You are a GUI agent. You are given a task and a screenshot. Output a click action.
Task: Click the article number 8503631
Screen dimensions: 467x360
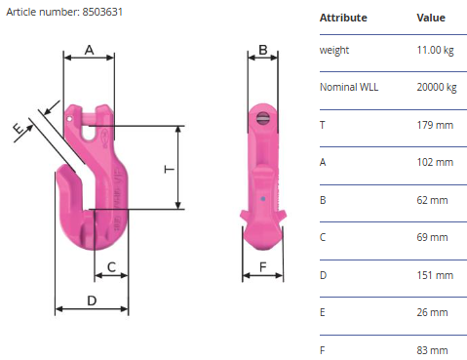click(x=102, y=12)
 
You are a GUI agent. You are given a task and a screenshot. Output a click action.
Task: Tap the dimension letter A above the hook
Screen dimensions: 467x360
click(x=90, y=51)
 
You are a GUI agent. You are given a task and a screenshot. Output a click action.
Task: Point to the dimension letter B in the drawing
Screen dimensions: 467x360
click(x=263, y=50)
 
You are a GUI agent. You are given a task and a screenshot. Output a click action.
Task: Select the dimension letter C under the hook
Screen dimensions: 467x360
click(x=111, y=267)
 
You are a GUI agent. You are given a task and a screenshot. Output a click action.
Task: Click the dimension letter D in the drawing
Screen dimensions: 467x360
click(x=92, y=300)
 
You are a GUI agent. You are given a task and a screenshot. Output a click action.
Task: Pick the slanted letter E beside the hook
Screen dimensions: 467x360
click(x=19, y=129)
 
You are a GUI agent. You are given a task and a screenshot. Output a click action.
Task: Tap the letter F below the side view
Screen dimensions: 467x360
click(x=263, y=267)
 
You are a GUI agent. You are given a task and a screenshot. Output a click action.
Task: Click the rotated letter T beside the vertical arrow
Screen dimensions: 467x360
click(x=170, y=169)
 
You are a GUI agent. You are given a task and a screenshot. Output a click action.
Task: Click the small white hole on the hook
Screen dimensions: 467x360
click(x=69, y=119)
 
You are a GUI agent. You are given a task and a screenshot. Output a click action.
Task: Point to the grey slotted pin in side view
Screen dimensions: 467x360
click(x=263, y=117)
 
